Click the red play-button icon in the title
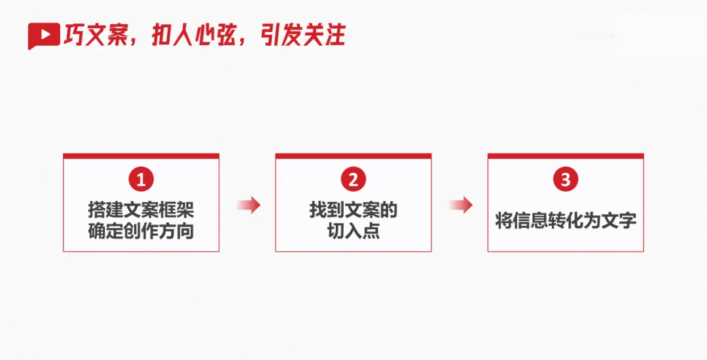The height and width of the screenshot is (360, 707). coord(44,36)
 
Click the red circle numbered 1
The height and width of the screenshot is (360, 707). coord(141,179)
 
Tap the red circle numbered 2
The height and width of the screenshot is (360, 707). coord(353,179)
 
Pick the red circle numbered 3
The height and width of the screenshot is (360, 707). coord(566,179)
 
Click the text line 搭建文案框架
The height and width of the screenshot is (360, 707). coord(141,210)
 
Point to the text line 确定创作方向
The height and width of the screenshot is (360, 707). coord(141,231)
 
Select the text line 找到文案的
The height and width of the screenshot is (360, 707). coord(353,210)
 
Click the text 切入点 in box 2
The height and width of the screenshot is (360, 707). coord(353,231)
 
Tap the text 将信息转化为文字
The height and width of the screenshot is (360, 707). coord(566,221)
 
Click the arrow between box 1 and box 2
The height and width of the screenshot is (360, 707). coord(248,206)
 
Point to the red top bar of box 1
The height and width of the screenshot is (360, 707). coord(141,156)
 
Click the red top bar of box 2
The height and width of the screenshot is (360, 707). coord(353,156)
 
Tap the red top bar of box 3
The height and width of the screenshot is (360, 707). coord(566,156)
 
